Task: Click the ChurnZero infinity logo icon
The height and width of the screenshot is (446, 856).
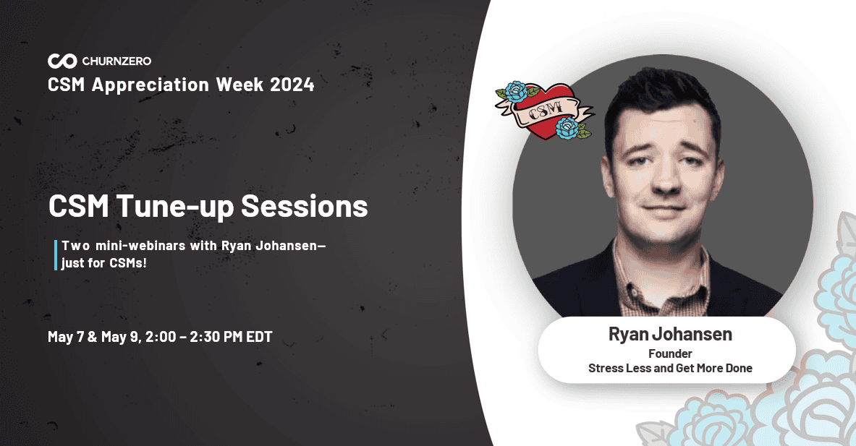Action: tap(62, 61)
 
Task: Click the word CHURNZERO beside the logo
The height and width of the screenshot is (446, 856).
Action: tap(116, 61)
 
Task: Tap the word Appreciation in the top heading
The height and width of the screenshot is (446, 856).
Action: tap(151, 85)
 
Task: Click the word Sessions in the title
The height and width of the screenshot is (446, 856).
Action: tap(305, 206)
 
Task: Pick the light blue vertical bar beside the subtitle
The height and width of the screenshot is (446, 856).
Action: tap(55, 254)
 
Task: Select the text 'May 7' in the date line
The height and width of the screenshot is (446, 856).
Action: tap(66, 336)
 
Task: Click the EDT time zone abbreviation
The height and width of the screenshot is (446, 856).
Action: tap(259, 336)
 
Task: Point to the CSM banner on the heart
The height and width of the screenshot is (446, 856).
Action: tap(546, 110)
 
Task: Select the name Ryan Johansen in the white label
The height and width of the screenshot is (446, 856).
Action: tap(670, 334)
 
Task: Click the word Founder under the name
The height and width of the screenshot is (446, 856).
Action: tap(670, 353)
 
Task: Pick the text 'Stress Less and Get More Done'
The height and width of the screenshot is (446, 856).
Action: tap(670, 368)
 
